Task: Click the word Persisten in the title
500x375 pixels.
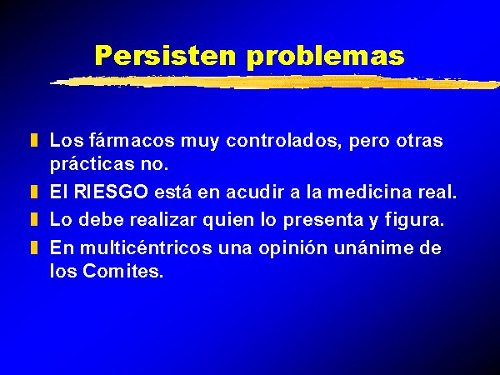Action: (x=165, y=55)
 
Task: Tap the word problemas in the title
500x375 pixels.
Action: (x=326, y=57)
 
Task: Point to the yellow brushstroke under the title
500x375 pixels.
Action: (x=275, y=82)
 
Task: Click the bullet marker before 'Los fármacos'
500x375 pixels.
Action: (x=34, y=141)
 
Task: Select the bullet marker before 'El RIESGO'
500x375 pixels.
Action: (x=34, y=192)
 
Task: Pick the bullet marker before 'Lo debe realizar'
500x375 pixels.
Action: (x=34, y=220)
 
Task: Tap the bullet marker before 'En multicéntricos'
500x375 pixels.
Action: (x=34, y=247)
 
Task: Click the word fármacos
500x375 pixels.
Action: (x=132, y=140)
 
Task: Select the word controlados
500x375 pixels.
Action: (x=282, y=141)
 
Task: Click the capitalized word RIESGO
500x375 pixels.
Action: (x=111, y=192)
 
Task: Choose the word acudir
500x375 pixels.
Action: (x=256, y=192)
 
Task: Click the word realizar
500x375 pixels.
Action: (x=163, y=220)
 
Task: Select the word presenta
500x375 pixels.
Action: (x=323, y=221)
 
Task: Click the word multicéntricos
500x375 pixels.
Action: (x=146, y=247)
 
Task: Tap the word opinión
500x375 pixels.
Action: (x=293, y=248)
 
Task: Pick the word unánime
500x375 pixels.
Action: (x=373, y=247)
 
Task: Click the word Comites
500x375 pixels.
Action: (x=123, y=271)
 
